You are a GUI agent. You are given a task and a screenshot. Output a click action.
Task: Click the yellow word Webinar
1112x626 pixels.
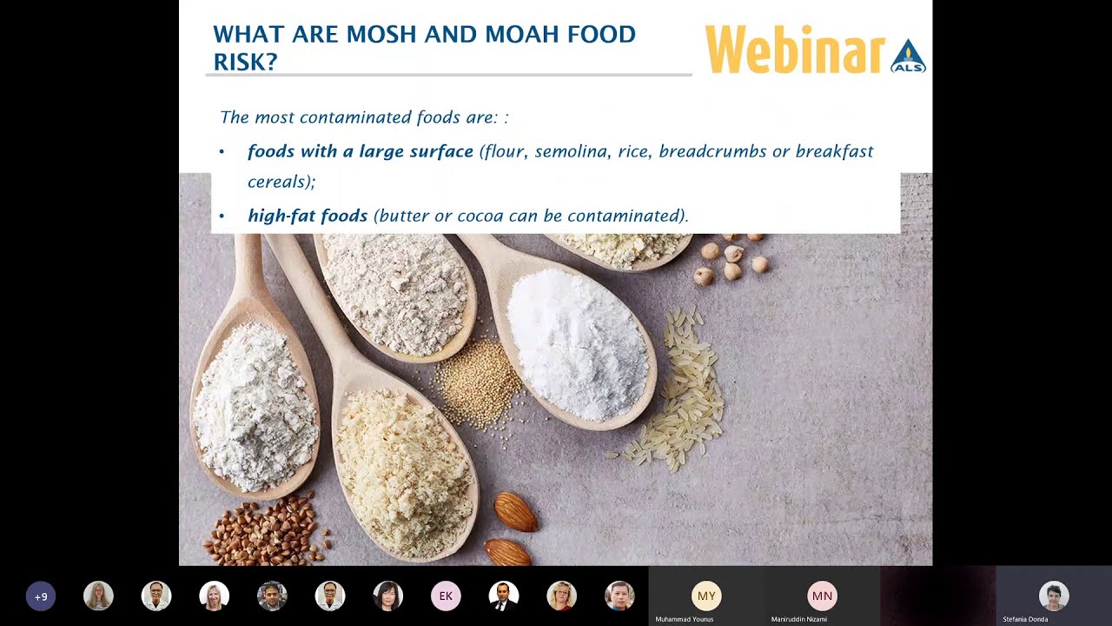click(x=794, y=50)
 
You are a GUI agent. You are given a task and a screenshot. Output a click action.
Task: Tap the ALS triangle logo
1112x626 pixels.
click(x=908, y=57)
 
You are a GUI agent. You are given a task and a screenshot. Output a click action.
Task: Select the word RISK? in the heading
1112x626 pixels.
click(x=245, y=62)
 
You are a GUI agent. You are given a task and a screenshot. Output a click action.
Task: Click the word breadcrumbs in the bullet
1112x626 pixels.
click(x=712, y=151)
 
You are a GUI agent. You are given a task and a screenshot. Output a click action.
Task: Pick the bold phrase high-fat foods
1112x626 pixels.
click(x=308, y=216)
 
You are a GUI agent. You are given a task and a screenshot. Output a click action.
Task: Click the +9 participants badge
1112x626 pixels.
click(x=41, y=596)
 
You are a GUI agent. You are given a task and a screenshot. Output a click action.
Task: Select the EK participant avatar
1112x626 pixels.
click(x=446, y=596)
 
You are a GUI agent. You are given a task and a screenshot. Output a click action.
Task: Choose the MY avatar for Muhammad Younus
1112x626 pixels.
click(x=706, y=596)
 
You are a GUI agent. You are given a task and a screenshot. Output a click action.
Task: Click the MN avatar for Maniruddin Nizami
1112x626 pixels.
click(x=822, y=596)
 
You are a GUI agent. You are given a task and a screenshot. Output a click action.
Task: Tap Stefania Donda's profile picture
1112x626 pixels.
click(x=1053, y=596)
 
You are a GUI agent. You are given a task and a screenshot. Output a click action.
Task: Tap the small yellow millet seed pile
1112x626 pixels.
click(x=479, y=383)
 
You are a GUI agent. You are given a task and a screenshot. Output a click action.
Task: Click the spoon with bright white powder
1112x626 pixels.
click(x=577, y=343)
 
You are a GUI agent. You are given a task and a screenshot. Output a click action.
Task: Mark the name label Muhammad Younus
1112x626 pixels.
click(x=684, y=619)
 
